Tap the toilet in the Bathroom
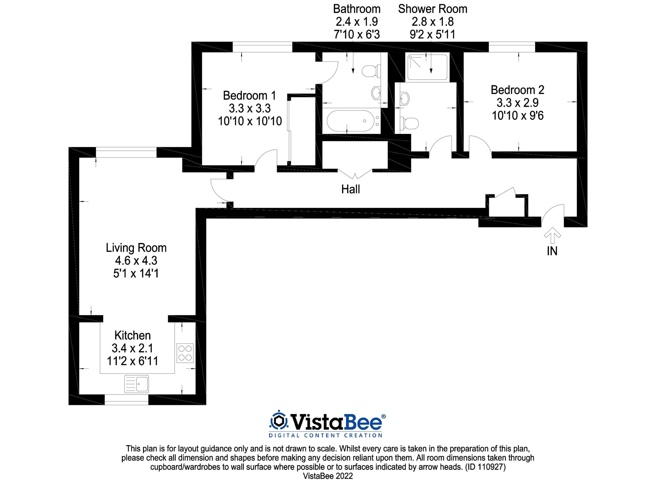pyautogui.click(x=371, y=71)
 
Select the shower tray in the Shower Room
pyautogui.click(x=427, y=67)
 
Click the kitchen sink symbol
pyautogui.click(x=136, y=384)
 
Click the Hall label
pyautogui.click(x=350, y=189)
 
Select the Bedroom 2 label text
pyautogui.click(x=517, y=90)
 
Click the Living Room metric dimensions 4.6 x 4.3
pyautogui.click(x=136, y=261)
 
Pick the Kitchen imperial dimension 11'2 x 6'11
pyautogui.click(x=132, y=361)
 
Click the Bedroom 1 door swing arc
pyautogui.click(x=264, y=159)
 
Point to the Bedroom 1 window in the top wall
pyautogui.click(x=263, y=47)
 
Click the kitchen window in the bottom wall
pyautogui.click(x=126, y=400)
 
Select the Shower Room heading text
pyautogui.click(x=433, y=9)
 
